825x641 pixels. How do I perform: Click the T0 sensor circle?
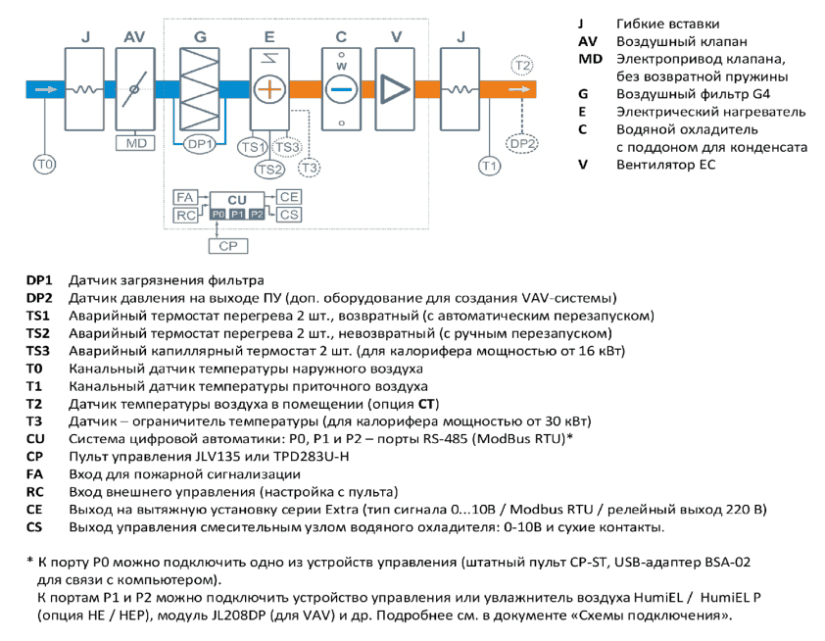(x=45, y=165)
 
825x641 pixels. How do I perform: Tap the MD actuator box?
(x=136, y=143)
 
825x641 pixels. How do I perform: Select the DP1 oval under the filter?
(x=200, y=144)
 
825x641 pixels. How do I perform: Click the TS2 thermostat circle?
(x=270, y=169)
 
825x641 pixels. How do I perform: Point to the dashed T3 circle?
(x=309, y=168)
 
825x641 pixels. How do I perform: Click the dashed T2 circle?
(x=522, y=66)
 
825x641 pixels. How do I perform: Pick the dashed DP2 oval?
(x=522, y=144)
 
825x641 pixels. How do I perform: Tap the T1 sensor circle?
(x=489, y=167)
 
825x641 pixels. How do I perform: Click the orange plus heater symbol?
(x=269, y=89)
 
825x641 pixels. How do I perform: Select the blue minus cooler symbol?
(x=342, y=89)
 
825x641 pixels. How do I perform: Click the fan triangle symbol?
(x=395, y=89)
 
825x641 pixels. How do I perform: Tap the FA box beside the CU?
(x=185, y=197)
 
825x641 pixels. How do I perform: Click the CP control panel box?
(x=228, y=246)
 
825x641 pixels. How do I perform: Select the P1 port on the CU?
(x=237, y=215)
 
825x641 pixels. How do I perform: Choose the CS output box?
(x=289, y=215)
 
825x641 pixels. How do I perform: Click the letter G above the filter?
(x=200, y=37)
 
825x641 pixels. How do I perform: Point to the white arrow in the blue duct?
(x=46, y=89)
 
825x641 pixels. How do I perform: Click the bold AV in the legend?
(x=588, y=41)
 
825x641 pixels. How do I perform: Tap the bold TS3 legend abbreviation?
(x=38, y=351)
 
